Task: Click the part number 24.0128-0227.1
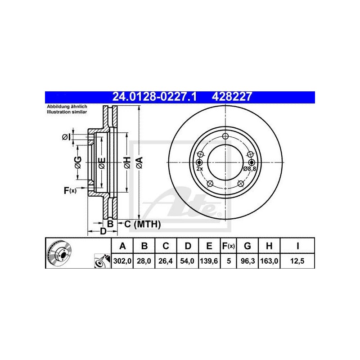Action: (154, 97)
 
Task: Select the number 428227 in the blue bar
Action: (232, 97)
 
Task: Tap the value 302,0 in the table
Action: (122, 261)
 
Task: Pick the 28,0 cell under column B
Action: (144, 261)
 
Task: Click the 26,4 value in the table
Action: (166, 261)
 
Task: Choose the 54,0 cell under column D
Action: (187, 261)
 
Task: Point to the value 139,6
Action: (209, 261)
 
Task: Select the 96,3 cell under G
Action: (248, 261)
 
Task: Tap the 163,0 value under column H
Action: (269, 261)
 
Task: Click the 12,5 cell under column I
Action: (297, 261)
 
